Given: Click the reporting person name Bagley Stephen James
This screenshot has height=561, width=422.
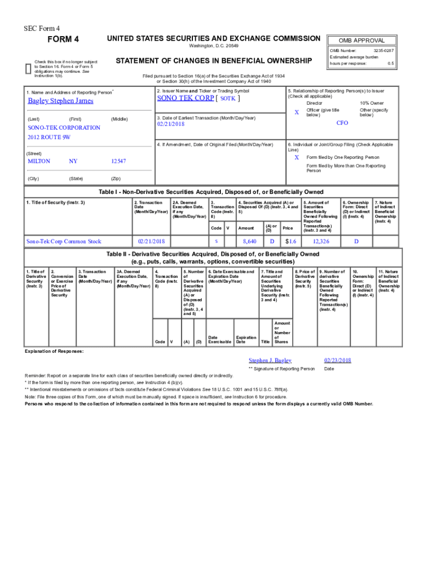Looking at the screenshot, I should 61,101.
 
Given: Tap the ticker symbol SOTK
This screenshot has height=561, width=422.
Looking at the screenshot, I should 228,99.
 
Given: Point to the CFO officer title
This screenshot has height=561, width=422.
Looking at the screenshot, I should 343,123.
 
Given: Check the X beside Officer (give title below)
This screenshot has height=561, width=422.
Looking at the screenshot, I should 296,112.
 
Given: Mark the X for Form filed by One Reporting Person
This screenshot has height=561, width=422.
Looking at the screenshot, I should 296,157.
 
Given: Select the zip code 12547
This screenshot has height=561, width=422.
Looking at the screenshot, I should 118,161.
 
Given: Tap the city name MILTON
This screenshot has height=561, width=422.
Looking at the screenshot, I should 39,161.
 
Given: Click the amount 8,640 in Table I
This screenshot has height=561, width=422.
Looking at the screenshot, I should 249,241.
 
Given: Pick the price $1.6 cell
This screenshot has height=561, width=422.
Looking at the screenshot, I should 290,241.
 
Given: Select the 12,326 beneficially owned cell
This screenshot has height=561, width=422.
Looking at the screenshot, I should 321,241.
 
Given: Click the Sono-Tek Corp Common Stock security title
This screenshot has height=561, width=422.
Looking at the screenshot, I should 65,241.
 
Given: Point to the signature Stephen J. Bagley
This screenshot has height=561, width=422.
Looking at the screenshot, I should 270,360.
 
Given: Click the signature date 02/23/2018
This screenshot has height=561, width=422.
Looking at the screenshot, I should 338,360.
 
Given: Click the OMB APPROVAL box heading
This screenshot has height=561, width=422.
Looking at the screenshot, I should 361,41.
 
